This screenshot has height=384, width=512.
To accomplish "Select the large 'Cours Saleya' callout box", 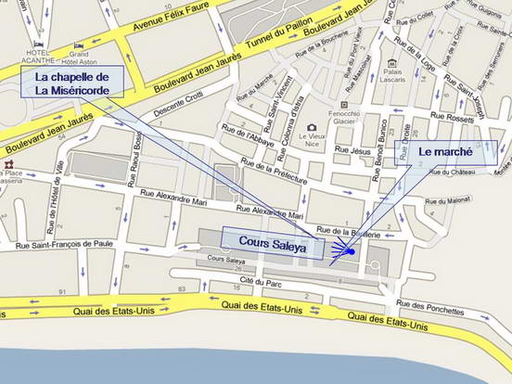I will point(272,242).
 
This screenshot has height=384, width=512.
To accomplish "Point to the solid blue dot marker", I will point(352,251).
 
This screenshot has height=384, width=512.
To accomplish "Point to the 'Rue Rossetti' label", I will point(453,118).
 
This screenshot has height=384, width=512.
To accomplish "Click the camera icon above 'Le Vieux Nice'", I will point(312,126).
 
